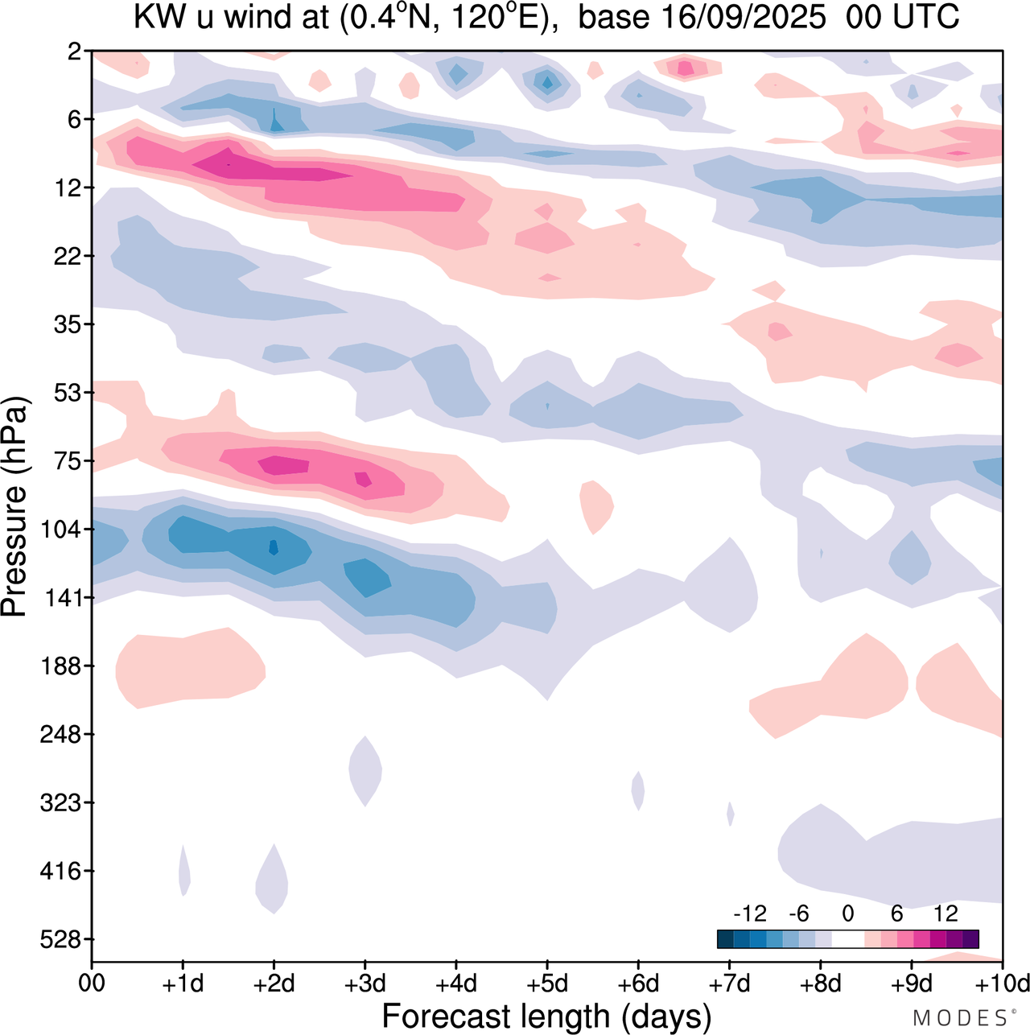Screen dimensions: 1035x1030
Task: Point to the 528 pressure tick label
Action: coord(61,939)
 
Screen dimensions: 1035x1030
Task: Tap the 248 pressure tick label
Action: coord(61,734)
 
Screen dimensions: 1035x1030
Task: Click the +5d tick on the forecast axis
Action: coord(547,983)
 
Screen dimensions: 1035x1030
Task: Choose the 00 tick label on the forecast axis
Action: coord(92,983)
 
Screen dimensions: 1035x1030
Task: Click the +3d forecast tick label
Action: coord(365,983)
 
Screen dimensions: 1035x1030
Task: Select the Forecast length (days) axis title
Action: coord(546,1016)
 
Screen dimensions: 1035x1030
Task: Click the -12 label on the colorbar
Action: coord(750,913)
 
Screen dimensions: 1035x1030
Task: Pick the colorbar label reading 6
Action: coord(897,913)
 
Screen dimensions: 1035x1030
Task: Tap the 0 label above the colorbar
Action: coord(848,913)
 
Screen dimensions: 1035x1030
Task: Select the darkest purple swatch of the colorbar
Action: coord(970,938)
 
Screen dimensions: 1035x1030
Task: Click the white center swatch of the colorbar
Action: coord(848,938)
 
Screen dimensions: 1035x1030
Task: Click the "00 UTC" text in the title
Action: coord(903,17)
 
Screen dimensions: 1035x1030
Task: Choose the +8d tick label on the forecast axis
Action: coord(821,983)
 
